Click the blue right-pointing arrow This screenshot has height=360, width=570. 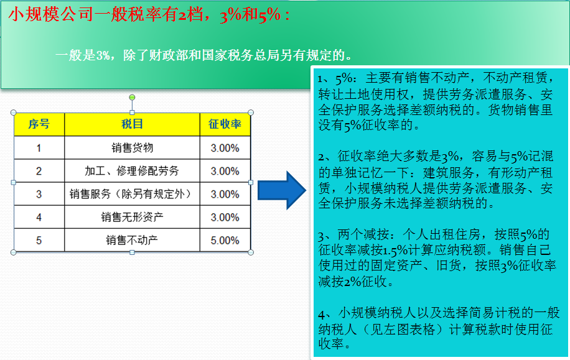pyautogui.click(x=282, y=190)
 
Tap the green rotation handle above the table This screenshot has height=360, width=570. pyautogui.click(x=132, y=98)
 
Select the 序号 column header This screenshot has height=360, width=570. pyautogui.click(x=39, y=124)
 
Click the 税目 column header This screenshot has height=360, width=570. pyautogui.click(x=132, y=124)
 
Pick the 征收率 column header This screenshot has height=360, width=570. pyautogui.click(x=225, y=124)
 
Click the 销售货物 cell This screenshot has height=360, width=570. pyautogui.click(x=132, y=148)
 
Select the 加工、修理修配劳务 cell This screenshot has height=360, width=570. pyautogui.click(x=132, y=171)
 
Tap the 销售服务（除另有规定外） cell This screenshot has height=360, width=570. pyautogui.click(x=132, y=194)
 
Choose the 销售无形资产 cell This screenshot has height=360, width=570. pyautogui.click(x=132, y=217)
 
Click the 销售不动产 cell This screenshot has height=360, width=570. pyautogui.click(x=132, y=240)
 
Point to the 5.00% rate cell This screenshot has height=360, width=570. pyautogui.click(x=225, y=241)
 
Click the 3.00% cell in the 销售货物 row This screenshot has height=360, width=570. pyautogui.click(x=225, y=148)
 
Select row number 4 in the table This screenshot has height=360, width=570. pyautogui.click(x=39, y=218)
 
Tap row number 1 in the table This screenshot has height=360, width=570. pyautogui.click(x=39, y=148)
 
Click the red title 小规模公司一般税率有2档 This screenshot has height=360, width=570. pyautogui.click(x=105, y=15)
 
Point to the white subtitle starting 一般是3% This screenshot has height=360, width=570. pyautogui.click(x=204, y=55)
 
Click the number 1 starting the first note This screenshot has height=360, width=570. pyautogui.click(x=320, y=79)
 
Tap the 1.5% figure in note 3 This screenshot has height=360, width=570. pyautogui.click(x=395, y=250)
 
